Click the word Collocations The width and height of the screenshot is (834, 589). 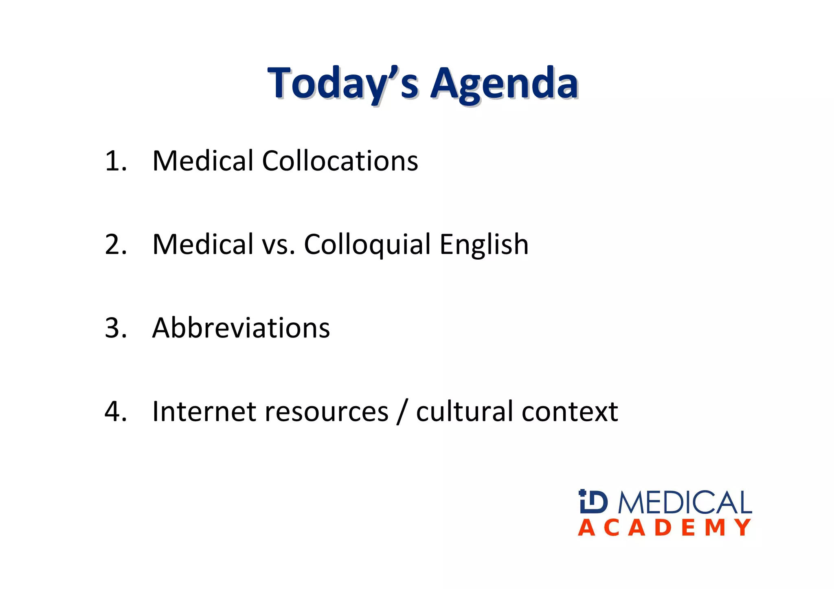click(x=340, y=161)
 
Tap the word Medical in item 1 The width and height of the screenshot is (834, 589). click(x=203, y=161)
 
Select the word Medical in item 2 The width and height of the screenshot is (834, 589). click(x=203, y=244)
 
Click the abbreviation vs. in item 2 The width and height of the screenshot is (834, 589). click(x=279, y=245)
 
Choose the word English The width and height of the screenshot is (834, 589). click(x=484, y=244)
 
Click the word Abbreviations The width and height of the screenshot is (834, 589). click(x=241, y=328)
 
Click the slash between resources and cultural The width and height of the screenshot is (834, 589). click(x=402, y=412)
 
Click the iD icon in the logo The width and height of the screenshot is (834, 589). click(x=593, y=501)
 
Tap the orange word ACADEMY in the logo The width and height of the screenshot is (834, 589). click(x=664, y=528)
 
